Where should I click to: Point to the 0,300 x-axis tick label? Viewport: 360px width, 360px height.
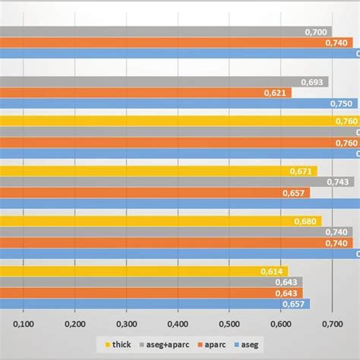(x=126, y=325)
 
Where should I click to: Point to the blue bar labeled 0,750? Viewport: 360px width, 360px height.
(x=175, y=104)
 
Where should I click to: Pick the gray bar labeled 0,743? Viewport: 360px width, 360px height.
(x=175, y=182)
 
